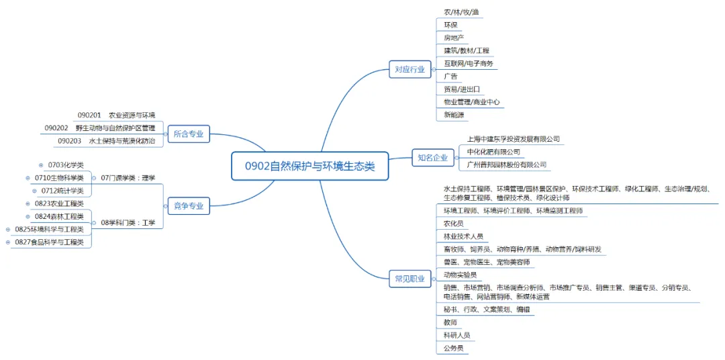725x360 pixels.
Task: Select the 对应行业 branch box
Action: coord(409,69)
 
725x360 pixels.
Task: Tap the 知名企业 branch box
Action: coord(432,158)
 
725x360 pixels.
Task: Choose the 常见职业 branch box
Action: coord(409,279)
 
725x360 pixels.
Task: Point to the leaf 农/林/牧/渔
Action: coord(461,12)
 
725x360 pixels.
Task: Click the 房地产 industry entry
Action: coord(454,38)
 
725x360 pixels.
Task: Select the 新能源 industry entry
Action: coord(454,115)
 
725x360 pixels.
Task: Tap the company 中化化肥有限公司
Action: coord(493,152)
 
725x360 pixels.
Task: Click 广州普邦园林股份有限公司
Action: coord(507,165)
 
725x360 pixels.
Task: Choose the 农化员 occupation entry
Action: coord(454,224)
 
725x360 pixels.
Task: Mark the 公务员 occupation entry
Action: coord(454,348)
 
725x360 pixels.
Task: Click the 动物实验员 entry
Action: coord(460,275)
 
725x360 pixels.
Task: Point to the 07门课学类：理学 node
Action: coord(128,178)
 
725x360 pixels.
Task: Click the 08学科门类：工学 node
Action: coord(128,222)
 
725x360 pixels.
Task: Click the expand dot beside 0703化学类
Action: coord(41,165)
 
